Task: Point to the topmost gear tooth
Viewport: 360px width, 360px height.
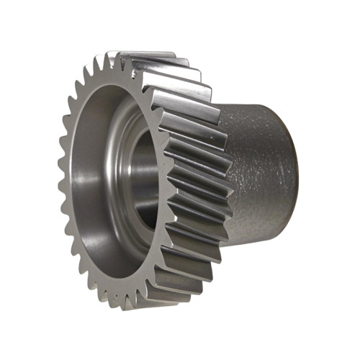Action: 115,56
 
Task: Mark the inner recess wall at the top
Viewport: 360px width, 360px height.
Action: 119,90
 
